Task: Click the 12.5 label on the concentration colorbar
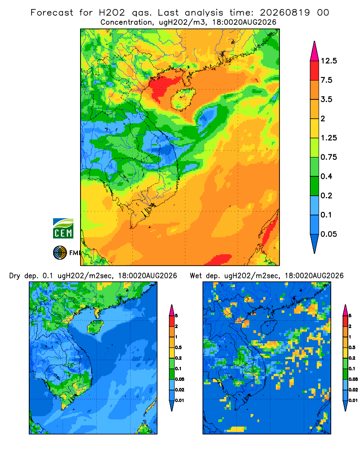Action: (328, 61)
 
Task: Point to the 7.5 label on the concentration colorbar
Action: (326, 80)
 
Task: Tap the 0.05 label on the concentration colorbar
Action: (328, 234)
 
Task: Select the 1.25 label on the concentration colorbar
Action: (328, 138)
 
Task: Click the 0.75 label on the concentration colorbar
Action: (328, 157)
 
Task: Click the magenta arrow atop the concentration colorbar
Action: (315, 51)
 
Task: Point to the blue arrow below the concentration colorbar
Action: (315, 243)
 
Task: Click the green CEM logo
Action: (63, 228)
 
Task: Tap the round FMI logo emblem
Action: (60, 253)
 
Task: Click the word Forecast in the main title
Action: (52, 13)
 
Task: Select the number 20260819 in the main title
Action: (285, 13)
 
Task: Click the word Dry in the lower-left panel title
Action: (15, 276)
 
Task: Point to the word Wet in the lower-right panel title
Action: (196, 276)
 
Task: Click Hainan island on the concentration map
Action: (183, 99)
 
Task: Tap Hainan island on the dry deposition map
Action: (95, 327)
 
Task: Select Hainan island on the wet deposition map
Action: (269, 327)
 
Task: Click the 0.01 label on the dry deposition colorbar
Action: (180, 400)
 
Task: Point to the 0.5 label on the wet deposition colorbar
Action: (352, 347)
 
